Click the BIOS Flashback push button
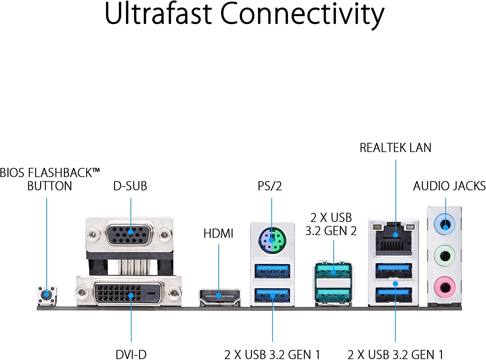click(x=47, y=295)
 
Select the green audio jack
click(x=445, y=256)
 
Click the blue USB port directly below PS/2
click(x=272, y=271)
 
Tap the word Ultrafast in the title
click(x=158, y=14)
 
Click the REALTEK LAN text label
click(x=395, y=148)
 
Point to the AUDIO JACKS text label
click(x=449, y=186)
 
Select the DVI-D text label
click(x=131, y=354)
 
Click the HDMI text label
click(x=218, y=233)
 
